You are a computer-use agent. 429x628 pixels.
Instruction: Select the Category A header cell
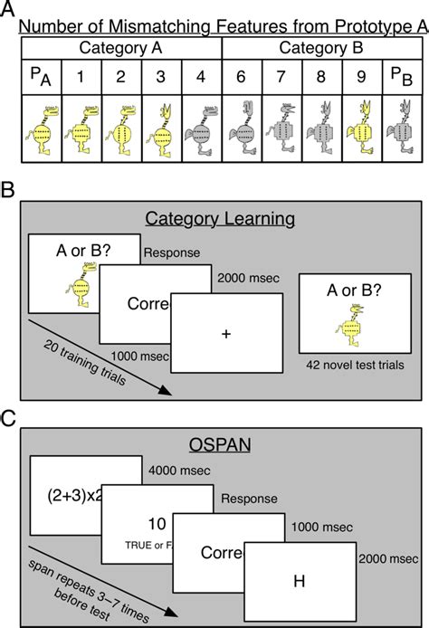[x=118, y=46]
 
